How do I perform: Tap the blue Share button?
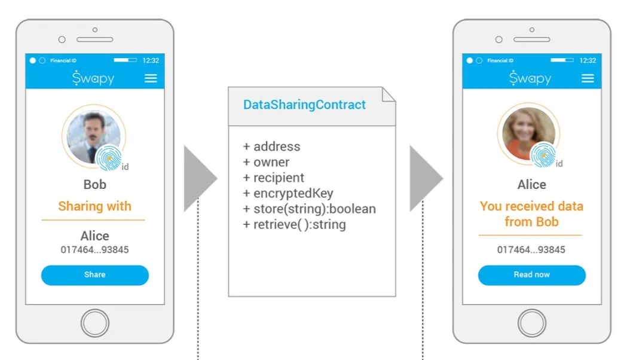(x=95, y=275)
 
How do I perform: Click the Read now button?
(x=531, y=275)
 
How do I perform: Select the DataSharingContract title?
(x=304, y=105)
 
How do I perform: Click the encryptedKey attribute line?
(x=288, y=193)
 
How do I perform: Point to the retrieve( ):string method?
(x=294, y=224)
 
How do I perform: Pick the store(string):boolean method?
(x=309, y=209)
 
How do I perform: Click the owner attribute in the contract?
(x=266, y=162)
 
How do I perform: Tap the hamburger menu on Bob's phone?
(x=151, y=78)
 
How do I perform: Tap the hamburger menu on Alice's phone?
(x=588, y=78)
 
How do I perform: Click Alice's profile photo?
(x=528, y=133)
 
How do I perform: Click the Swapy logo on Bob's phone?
(x=93, y=78)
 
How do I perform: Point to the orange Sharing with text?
(x=95, y=206)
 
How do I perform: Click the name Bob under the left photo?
(x=95, y=184)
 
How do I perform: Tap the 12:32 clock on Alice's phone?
(x=588, y=60)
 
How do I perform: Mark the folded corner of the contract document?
(x=387, y=95)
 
